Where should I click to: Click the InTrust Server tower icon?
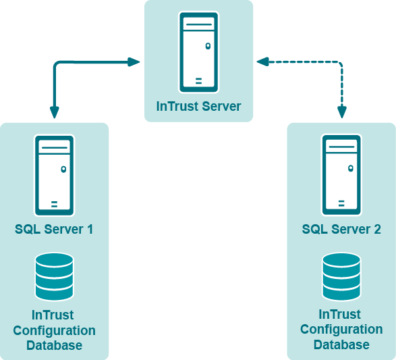tap(199, 52)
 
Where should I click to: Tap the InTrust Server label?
tap(198, 106)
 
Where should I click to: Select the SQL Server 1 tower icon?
tap(54, 176)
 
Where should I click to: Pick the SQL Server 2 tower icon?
tap(341, 175)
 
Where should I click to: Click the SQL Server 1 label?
tap(54, 229)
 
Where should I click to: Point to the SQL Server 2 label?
tap(341, 229)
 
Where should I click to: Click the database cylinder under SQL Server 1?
tap(55, 277)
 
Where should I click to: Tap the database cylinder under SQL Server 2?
tap(341, 277)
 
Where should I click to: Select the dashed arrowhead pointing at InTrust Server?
tap(262, 61)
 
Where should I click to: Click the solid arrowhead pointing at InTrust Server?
tap(134, 62)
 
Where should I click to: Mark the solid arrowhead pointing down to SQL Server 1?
tap(54, 113)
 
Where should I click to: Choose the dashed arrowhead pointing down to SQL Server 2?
tap(342, 112)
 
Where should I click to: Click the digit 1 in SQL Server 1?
tap(90, 229)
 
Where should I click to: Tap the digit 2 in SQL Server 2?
tap(377, 229)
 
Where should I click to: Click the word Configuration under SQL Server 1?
tap(54, 331)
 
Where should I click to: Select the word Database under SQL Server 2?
tap(341, 345)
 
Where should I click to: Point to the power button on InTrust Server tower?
tap(208, 46)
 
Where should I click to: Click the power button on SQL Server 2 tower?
tap(351, 168)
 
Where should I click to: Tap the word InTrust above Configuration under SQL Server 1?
tap(53, 315)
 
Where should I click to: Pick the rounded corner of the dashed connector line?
tap(340, 63)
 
